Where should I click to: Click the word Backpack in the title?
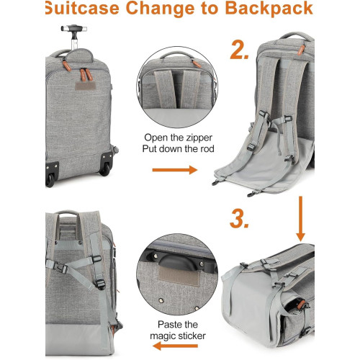click(269, 9)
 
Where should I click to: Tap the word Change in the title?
click(161, 9)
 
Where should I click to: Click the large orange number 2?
click(239, 50)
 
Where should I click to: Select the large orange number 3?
click(239, 218)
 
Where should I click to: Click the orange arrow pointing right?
click(175, 170)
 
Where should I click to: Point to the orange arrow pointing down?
click(300, 219)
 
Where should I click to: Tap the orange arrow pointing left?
click(175, 346)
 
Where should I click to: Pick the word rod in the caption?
click(207, 149)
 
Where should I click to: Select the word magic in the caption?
click(164, 336)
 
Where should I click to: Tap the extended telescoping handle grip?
click(74, 28)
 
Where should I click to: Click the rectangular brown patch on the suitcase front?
click(85, 86)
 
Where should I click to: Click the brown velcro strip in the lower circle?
click(179, 275)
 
